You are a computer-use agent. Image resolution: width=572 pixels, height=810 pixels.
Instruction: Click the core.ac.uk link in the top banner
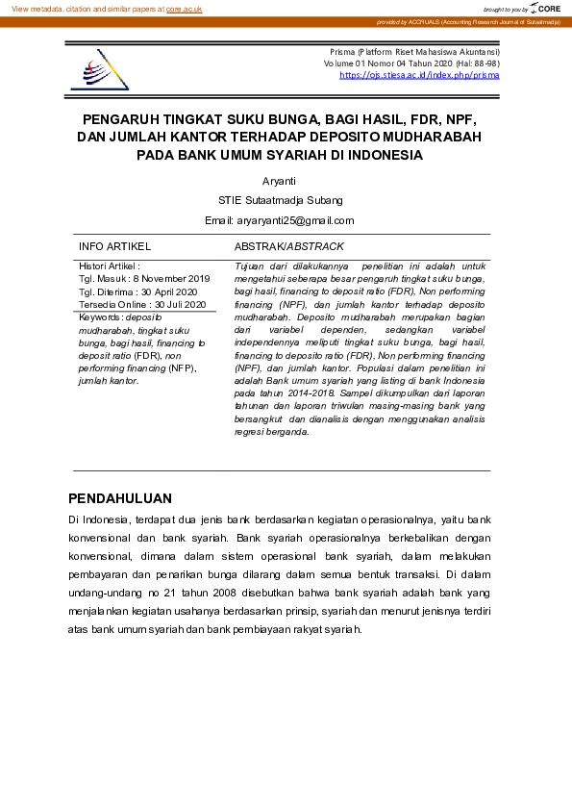pyautogui.click(x=185, y=9)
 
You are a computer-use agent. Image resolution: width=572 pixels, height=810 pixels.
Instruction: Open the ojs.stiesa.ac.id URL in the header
pyautogui.click(x=419, y=75)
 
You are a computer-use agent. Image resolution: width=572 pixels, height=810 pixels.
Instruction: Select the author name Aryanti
pyautogui.click(x=280, y=181)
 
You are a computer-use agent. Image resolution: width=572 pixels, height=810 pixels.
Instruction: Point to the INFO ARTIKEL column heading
pyautogui.click(x=114, y=247)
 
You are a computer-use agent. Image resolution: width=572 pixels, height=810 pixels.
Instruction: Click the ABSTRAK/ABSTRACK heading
pyautogui.click(x=289, y=247)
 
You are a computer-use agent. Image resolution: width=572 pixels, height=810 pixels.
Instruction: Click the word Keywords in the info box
pyautogui.click(x=99, y=316)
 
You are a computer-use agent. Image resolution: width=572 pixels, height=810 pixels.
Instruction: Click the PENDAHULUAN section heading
pyautogui.click(x=120, y=498)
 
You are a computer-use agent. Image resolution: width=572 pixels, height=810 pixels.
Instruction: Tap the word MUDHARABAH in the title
pyautogui.click(x=433, y=137)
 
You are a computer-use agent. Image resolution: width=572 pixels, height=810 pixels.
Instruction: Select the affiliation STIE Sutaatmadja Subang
pyautogui.click(x=280, y=200)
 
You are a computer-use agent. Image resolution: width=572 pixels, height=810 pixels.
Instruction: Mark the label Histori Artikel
pyautogui.click(x=109, y=266)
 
